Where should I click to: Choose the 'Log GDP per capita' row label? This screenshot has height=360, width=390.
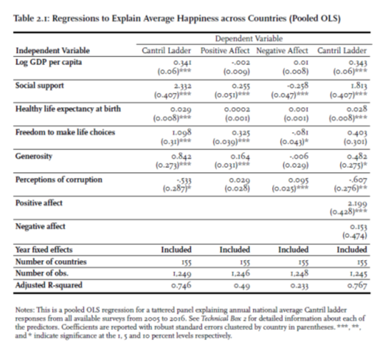[x=46, y=63]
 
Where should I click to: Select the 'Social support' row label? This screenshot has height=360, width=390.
[x=40, y=85]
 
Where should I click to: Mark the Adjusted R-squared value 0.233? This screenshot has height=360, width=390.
[x=292, y=286]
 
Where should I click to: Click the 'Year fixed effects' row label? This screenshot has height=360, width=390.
[x=44, y=250]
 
